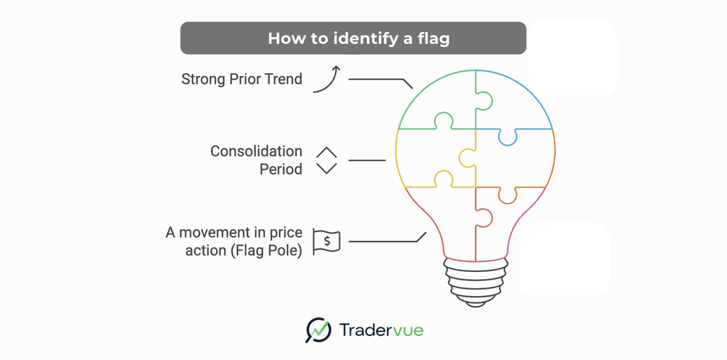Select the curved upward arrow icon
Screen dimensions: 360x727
[327, 78]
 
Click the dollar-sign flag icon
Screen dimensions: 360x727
[327, 241]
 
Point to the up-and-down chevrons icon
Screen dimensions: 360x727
[326, 160]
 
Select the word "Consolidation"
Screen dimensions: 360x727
[256, 151]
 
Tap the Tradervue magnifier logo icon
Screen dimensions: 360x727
[319, 329]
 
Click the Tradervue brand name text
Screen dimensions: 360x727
[380, 329]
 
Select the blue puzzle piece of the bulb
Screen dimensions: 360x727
[515, 103]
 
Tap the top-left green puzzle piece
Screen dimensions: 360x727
[433, 99]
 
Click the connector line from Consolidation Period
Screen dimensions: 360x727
[367, 160]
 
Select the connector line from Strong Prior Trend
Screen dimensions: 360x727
[380, 79]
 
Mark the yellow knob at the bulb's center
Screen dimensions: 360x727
[466, 158]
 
